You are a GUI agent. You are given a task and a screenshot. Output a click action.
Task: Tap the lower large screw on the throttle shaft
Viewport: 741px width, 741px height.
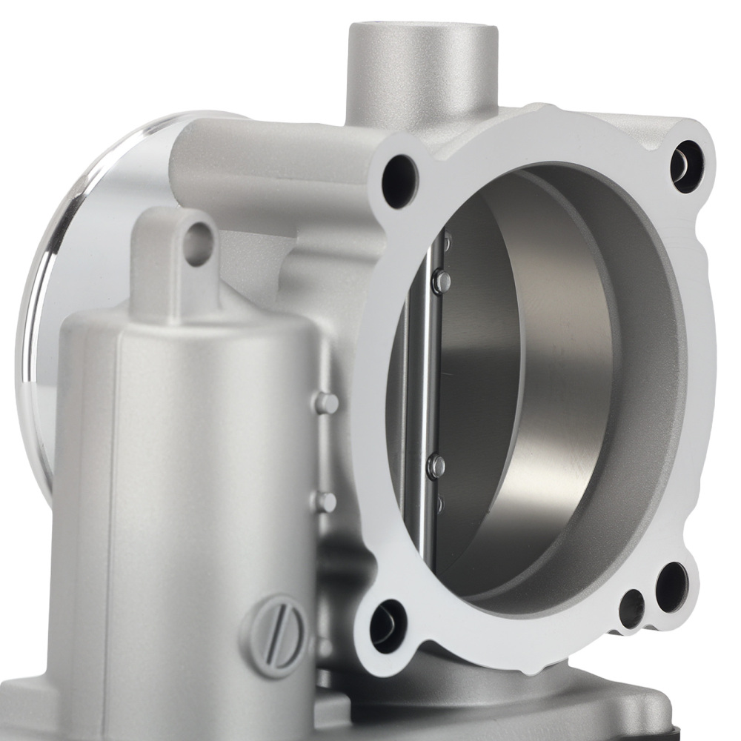click(x=437, y=465)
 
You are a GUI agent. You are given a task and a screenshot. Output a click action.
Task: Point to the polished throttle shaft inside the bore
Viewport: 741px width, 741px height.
click(x=428, y=385)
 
